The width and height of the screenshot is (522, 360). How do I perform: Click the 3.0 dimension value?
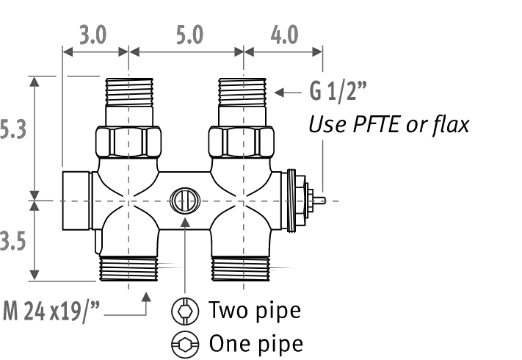(93, 35)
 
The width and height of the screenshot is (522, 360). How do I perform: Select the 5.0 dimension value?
(189, 35)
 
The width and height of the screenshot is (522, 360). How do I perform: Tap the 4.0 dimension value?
(284, 35)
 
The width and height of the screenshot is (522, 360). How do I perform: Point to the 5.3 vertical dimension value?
(12, 129)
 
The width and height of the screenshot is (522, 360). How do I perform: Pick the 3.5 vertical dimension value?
(12, 241)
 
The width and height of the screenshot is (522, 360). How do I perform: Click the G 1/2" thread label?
(338, 91)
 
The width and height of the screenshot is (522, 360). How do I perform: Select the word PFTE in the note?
(376, 125)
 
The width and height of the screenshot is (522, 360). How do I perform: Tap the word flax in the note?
(452, 125)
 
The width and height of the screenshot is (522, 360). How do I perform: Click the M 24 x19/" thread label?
(51, 312)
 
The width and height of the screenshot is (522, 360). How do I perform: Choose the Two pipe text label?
(255, 310)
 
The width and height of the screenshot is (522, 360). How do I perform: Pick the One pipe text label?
(256, 343)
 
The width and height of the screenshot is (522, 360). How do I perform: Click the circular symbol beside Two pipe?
(185, 311)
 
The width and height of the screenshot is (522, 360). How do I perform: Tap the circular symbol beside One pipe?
(185, 345)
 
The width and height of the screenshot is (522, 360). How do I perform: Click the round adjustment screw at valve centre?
(185, 201)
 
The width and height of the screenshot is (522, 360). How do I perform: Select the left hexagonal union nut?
(128, 142)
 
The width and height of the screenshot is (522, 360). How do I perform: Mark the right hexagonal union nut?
(242, 142)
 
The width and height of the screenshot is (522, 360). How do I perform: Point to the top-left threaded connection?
(129, 93)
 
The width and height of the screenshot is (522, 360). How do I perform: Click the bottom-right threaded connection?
(241, 269)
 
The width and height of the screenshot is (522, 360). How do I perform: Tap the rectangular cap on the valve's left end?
(76, 201)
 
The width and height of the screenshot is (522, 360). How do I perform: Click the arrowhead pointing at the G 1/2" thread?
(280, 93)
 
